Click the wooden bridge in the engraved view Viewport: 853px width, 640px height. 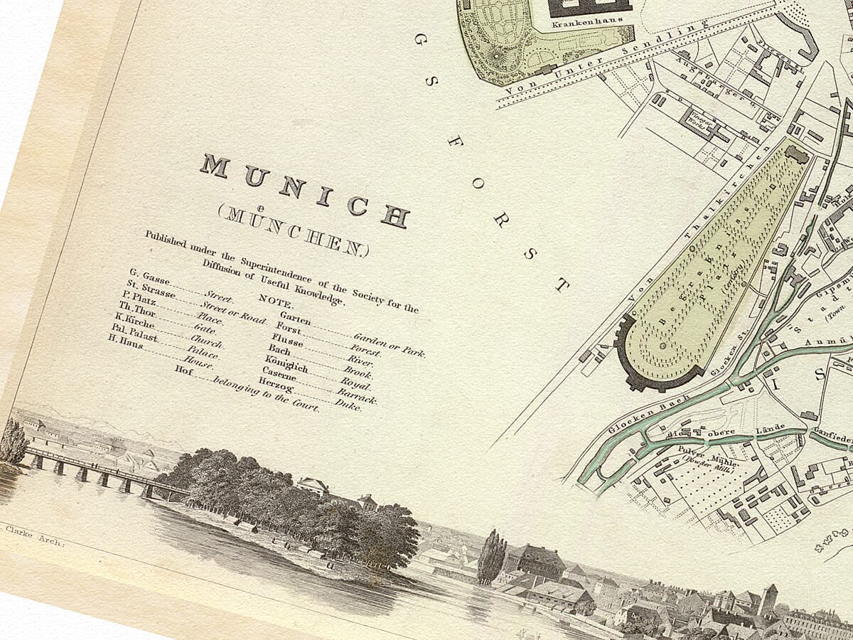[x=100, y=469]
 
